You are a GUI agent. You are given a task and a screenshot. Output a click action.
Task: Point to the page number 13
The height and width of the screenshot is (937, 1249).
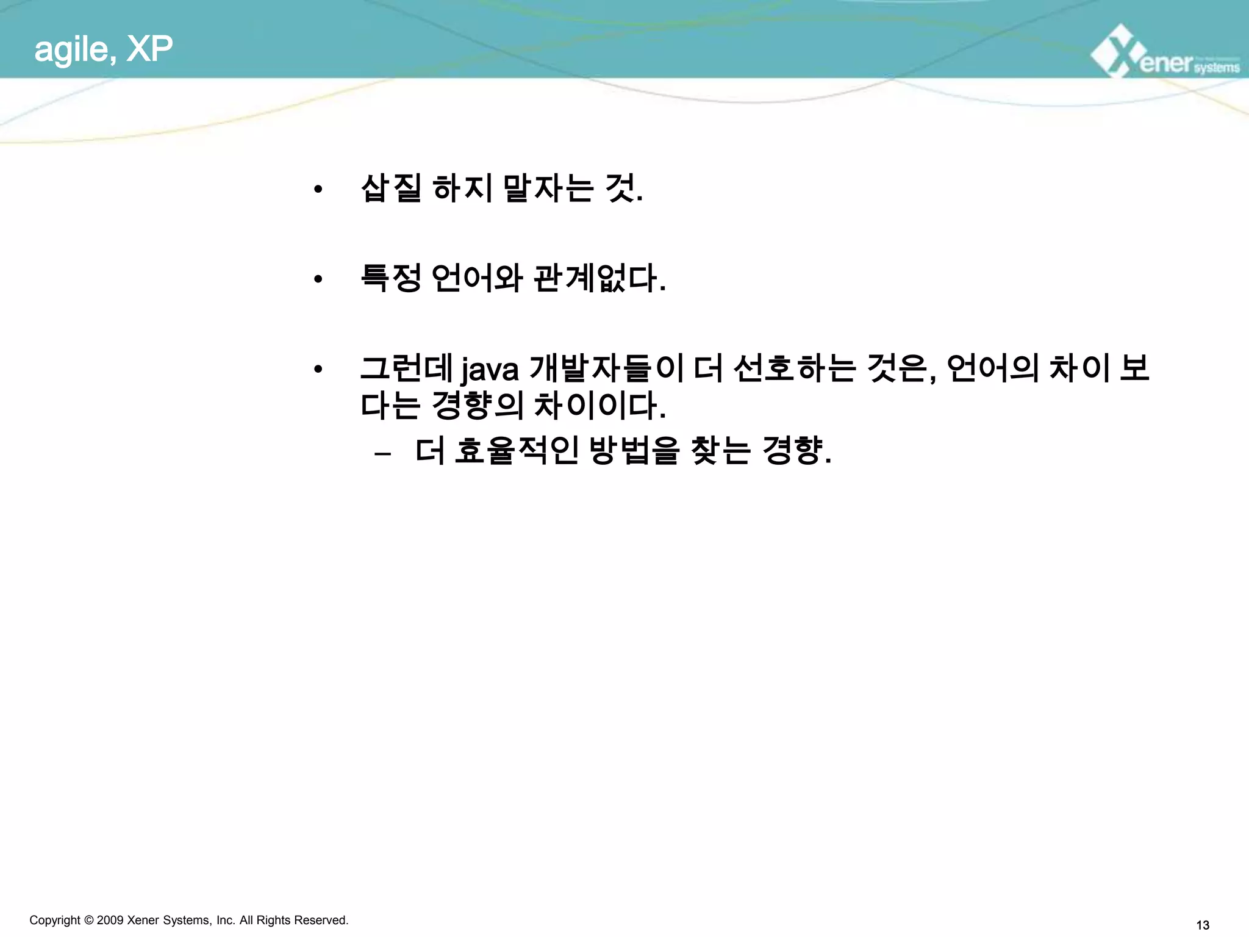pyautogui.click(x=1203, y=925)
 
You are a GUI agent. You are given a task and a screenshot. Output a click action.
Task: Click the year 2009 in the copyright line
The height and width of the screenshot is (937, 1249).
pyautogui.click(x=110, y=920)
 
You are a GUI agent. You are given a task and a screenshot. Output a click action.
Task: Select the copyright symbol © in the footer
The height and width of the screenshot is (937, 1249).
pyautogui.click(x=88, y=920)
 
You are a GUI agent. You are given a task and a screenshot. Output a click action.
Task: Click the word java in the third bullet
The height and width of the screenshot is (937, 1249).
pyautogui.click(x=490, y=369)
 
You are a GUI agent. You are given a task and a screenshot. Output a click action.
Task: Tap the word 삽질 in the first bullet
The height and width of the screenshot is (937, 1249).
pyautogui.click(x=391, y=188)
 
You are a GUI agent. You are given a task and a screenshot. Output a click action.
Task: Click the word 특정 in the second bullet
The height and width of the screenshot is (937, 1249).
pyautogui.click(x=391, y=278)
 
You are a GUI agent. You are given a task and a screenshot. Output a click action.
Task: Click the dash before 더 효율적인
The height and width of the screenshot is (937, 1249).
pyautogui.click(x=383, y=454)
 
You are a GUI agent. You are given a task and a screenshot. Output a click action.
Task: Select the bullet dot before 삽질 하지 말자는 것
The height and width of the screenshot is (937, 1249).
pyautogui.click(x=318, y=189)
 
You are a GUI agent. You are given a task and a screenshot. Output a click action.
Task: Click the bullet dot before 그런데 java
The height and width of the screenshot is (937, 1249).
pyautogui.click(x=318, y=370)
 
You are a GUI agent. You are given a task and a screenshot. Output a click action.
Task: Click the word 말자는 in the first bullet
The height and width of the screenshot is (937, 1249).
pyautogui.click(x=548, y=188)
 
